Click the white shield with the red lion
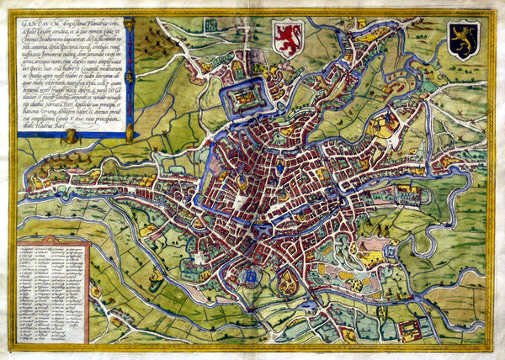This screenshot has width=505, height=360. click(289, 40)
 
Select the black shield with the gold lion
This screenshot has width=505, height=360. click(463, 40)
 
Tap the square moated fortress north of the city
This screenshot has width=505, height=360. click(242, 102)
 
